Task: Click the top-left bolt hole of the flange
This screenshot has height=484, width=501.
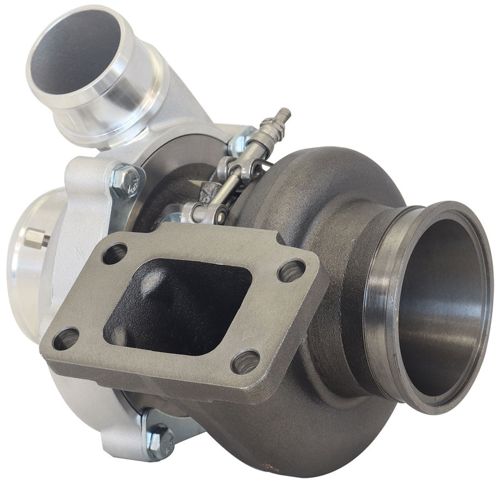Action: pos(114,254)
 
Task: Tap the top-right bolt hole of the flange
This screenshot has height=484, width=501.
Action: pos(291,270)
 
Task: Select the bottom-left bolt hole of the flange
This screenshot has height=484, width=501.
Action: pos(66,339)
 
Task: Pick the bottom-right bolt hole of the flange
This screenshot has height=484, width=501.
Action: pos(245,361)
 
